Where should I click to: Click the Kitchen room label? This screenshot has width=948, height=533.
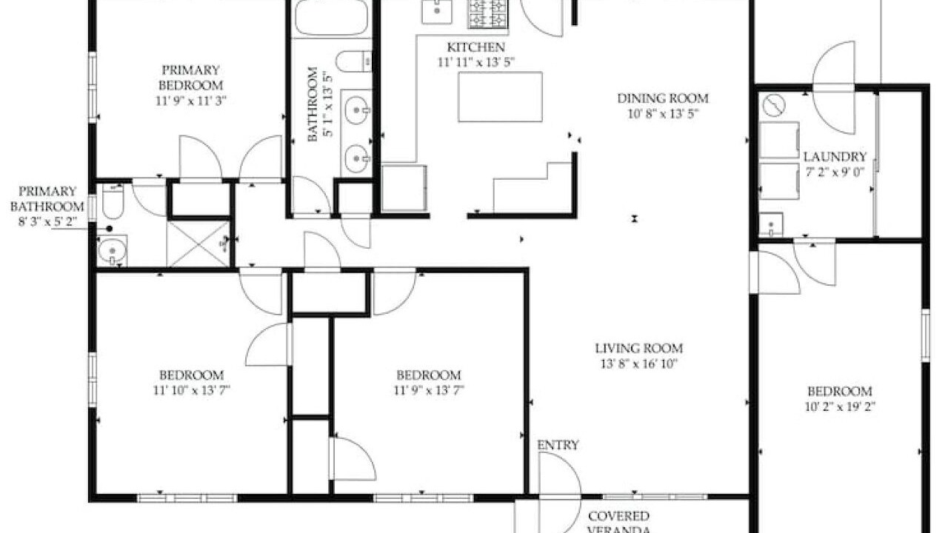coord(475,47)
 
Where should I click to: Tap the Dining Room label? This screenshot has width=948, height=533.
coord(663,98)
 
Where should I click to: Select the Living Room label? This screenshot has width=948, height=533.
coord(639,349)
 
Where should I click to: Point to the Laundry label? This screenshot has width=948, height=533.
coord(835,157)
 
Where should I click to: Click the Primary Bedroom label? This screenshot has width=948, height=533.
coord(191,78)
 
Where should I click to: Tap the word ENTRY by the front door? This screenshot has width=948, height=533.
coord(558,445)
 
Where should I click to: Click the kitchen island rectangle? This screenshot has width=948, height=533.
coord(500,97)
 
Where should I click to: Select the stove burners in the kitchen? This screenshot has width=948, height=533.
coord(487,14)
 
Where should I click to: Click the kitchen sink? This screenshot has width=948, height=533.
coord(437,12)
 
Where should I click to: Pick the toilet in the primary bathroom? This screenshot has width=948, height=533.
coord(113,201)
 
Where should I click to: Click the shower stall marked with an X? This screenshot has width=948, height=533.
coord(198,244)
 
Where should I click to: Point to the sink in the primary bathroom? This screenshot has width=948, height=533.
coord(112,250)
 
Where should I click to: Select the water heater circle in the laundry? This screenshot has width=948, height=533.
coord(775,105)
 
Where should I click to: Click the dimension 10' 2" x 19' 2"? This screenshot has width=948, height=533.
coord(840,407)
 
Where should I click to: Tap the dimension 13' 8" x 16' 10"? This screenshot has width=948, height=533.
coord(639,363)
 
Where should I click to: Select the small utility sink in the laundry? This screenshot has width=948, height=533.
coord(771,224)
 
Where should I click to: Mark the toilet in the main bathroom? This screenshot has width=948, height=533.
coord(355,61)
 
